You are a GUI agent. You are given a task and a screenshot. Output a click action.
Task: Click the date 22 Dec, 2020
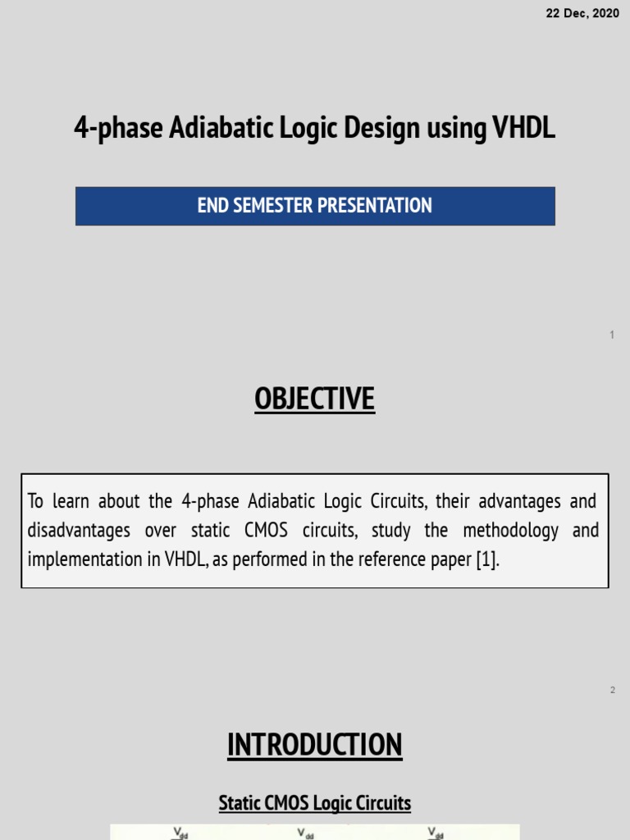pos(582,15)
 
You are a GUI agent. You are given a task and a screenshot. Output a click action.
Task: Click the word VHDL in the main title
pos(523,129)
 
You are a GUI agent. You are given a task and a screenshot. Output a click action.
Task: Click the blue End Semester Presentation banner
pos(315,206)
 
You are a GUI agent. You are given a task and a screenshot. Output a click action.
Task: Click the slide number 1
pos(612,336)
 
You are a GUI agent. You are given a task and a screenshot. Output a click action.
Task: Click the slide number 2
pos(612,691)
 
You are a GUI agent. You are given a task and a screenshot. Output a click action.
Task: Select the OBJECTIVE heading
pos(314,399)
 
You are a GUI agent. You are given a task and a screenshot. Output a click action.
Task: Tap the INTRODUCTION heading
pos(314,746)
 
